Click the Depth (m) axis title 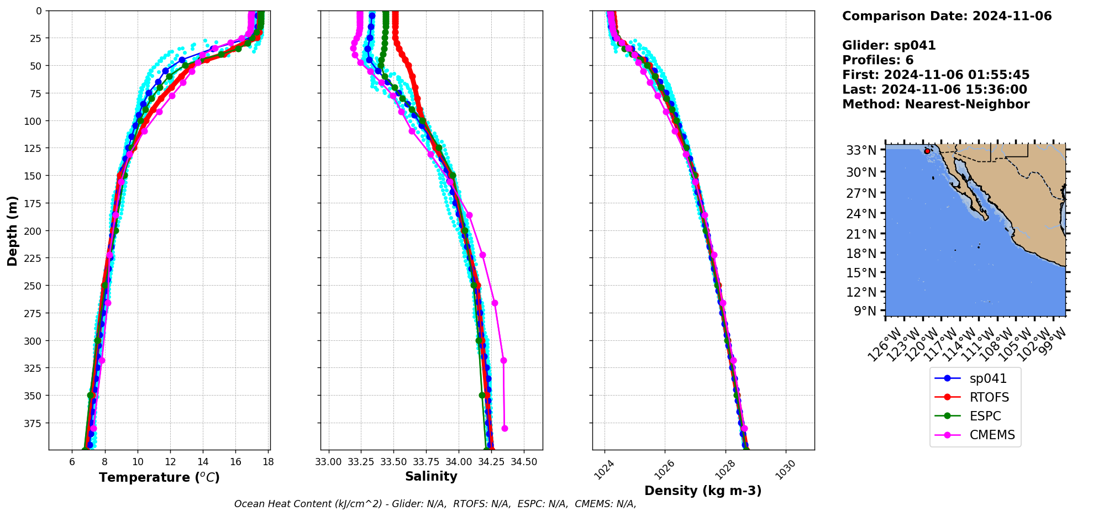[x=12, y=230]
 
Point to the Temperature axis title [x=159, y=477]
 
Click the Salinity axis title [x=431, y=476]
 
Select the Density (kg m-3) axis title [x=703, y=491]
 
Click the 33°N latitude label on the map [x=861, y=150]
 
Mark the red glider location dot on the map [x=927, y=151]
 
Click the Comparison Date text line [x=947, y=16]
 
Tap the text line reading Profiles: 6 [x=877, y=60]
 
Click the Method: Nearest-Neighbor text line [x=936, y=104]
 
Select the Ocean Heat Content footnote [x=435, y=504]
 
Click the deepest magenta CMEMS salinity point [x=505, y=428]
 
